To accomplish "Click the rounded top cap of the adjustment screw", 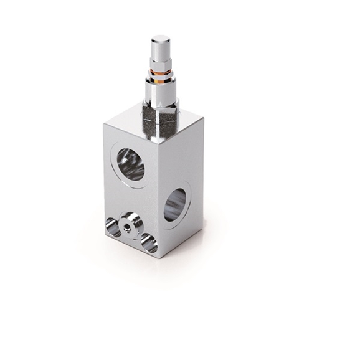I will coord(160,42).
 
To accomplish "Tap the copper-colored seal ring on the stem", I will coord(161,72).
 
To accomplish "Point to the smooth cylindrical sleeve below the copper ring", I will coord(161,90).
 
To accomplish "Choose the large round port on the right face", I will coord(175,205).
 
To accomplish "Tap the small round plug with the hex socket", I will coord(130,225).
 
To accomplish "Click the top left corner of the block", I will coord(104,124).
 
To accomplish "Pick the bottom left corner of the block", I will coord(105,235).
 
